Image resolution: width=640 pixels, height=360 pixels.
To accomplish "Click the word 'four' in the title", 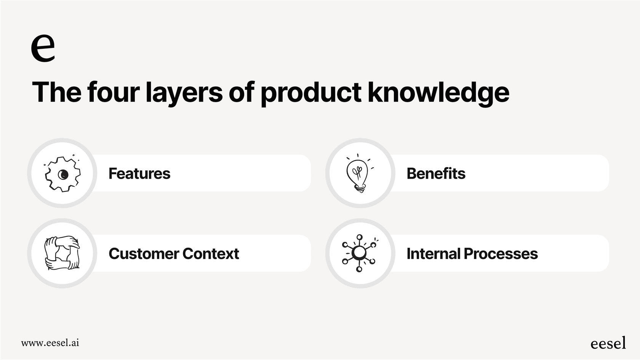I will click(113, 92).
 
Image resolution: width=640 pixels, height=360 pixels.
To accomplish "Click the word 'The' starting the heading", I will click(56, 92).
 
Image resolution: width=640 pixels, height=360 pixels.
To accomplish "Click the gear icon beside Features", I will click(63, 174).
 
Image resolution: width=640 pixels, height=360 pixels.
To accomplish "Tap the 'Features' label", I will click(139, 174).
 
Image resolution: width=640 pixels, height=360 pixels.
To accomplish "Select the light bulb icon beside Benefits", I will click(358, 173).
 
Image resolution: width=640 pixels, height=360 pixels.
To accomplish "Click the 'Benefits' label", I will click(436, 174).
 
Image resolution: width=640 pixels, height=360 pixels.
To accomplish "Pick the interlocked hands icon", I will click(62, 253).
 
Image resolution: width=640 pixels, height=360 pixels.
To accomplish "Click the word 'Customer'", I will click(144, 254).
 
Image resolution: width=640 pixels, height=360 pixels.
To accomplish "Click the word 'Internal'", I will click(433, 254).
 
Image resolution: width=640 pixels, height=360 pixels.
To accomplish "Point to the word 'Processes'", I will click(501, 254).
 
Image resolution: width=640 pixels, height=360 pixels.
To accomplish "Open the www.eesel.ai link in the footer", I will click(50, 343).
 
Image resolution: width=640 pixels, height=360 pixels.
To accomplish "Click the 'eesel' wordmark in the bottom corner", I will click(608, 343).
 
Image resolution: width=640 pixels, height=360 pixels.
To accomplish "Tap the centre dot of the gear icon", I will click(64, 175).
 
